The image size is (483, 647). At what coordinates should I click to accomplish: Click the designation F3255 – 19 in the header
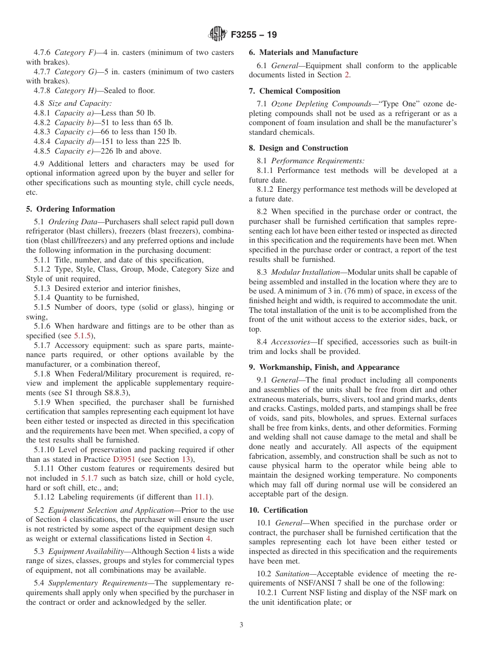pyautogui.click(x=254, y=35)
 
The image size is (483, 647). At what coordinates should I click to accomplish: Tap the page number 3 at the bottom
pyautogui.click(x=242, y=625)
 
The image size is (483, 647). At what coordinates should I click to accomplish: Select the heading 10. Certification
pyautogui.click(x=278, y=510)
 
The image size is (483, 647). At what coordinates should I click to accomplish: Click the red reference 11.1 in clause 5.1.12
pyautogui.click(x=203, y=497)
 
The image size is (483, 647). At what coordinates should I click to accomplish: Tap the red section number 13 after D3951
pyautogui.click(x=186, y=459)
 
